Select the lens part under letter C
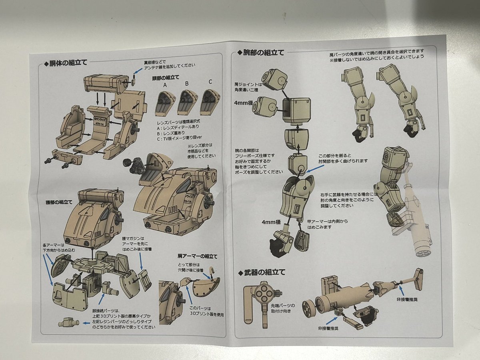pyautogui.click(x=210, y=101)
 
